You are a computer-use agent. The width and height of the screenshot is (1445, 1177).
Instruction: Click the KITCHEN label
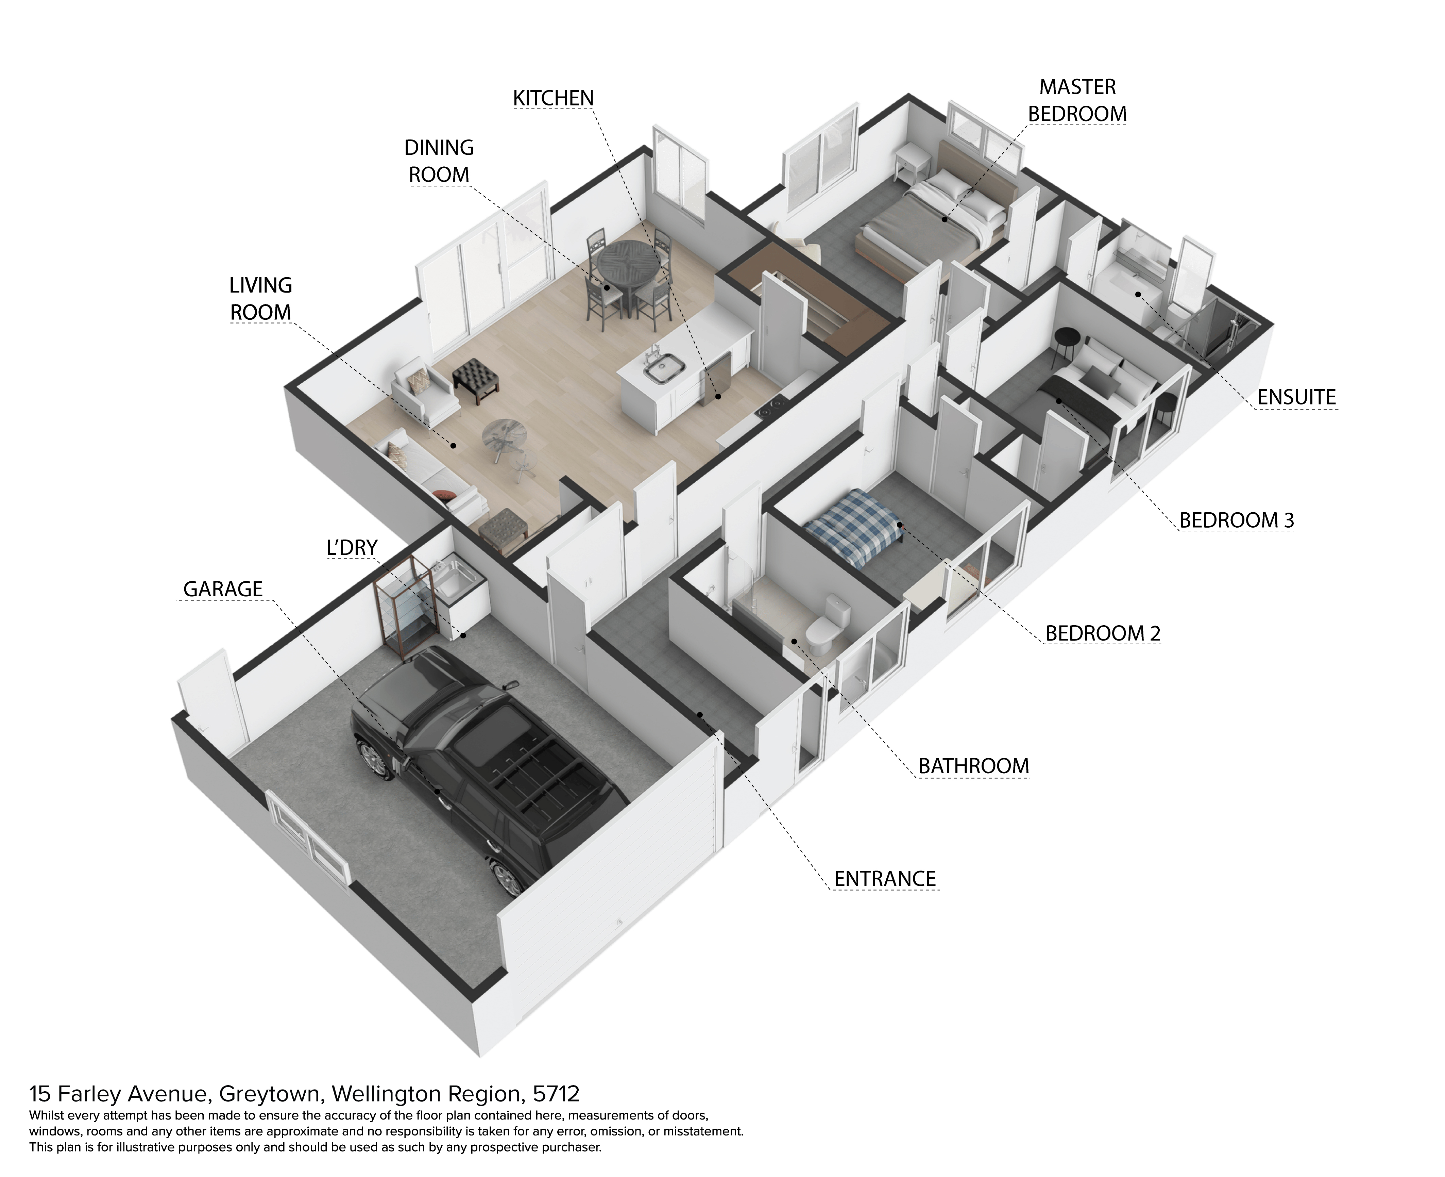tap(553, 98)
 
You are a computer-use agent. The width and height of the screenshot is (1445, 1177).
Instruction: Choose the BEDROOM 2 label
tap(1103, 633)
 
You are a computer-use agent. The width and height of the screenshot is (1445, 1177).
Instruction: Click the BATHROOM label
tap(973, 766)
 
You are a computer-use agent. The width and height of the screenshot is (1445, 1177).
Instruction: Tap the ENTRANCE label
tap(884, 879)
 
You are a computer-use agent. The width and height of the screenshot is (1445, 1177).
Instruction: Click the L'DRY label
tap(352, 547)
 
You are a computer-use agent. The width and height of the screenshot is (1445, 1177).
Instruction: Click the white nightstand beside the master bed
tap(912, 165)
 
